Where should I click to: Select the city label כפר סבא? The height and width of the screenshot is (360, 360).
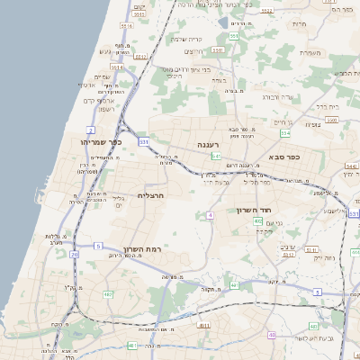tap(283, 157)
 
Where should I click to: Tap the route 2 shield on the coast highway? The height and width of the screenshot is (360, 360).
tap(91, 130)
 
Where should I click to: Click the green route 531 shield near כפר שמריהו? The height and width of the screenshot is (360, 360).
tap(143, 141)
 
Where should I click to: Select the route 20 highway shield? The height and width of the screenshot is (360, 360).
tap(74, 255)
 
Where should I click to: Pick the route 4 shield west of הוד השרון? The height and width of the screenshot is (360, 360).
tap(210, 215)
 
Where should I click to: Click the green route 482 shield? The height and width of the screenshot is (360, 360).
tap(108, 294)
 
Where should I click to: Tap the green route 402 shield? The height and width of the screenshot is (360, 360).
tap(258, 221)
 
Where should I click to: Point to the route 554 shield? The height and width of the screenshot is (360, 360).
tap(285, 133)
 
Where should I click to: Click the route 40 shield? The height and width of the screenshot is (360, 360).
tap(233, 284)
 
